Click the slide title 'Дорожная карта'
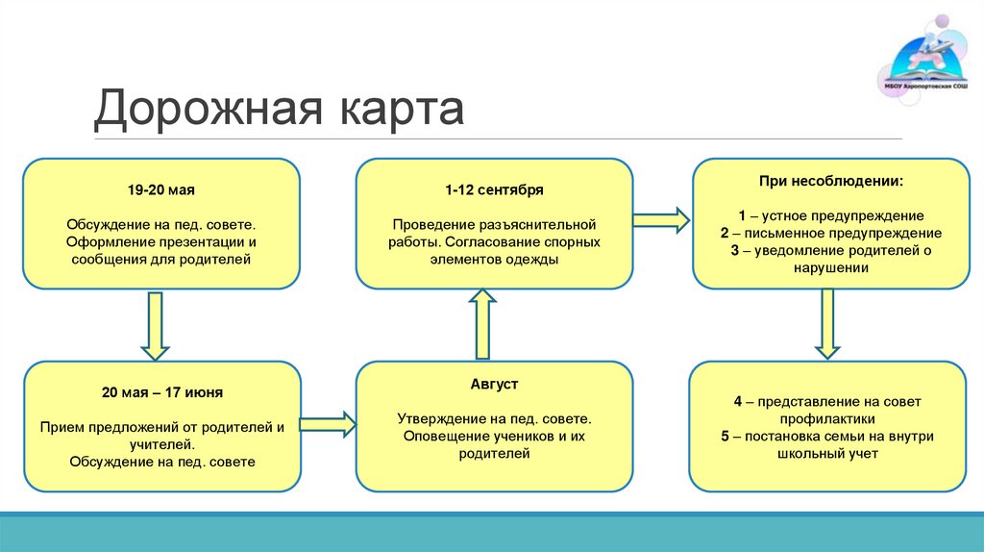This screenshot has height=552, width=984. point(279,109)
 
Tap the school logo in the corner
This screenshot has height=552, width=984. point(923,61)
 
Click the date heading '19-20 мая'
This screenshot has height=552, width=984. point(161,191)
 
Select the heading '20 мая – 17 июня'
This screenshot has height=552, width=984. point(162,393)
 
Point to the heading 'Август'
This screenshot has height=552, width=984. point(495,385)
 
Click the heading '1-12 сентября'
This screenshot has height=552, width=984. point(495,191)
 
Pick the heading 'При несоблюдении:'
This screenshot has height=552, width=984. point(830,181)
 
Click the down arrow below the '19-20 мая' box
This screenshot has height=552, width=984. point(155,324)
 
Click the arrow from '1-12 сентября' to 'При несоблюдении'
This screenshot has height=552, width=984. point(662,219)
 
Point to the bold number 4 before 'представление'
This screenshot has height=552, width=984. point(736,402)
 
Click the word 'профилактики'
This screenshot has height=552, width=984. point(827,419)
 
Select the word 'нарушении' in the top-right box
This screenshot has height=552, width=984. point(830,269)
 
